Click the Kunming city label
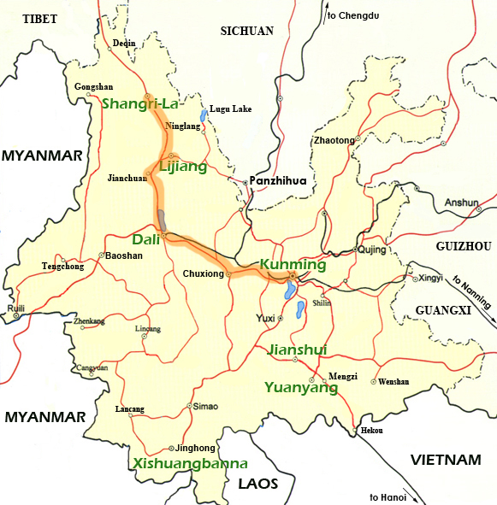click(293, 265)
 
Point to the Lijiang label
click(183, 167)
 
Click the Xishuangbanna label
click(190, 464)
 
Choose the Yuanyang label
click(301, 387)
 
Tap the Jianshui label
click(299, 349)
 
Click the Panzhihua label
click(277, 181)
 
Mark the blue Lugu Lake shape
click(203, 115)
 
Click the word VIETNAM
click(445, 460)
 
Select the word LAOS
click(258, 484)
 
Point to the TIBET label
click(40, 19)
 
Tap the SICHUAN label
click(246, 31)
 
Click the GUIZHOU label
click(464, 246)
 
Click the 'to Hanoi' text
click(390, 497)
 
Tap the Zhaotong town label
click(334, 140)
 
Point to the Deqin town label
click(124, 43)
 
